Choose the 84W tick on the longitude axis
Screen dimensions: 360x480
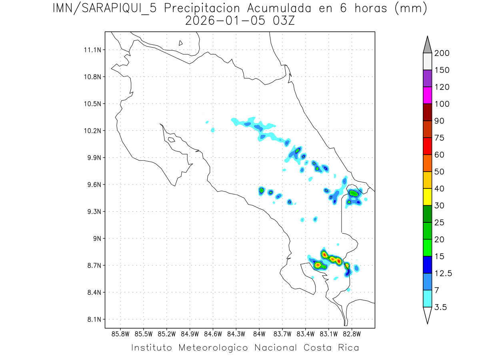[x=259, y=333]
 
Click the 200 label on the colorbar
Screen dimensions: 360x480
[x=442, y=53]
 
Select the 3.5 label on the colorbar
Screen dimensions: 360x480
[x=440, y=307]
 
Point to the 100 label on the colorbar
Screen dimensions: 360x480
[x=442, y=104]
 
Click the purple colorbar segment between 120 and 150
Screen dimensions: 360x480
[x=427, y=78]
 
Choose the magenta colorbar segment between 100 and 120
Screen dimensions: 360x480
[x=427, y=95]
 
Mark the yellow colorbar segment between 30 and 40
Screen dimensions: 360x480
[x=427, y=197]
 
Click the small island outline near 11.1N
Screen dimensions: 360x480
[x=181, y=43]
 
